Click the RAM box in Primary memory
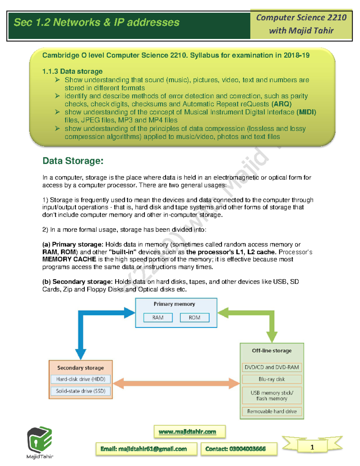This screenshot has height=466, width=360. tap(158, 317)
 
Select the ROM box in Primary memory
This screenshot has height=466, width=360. tap(194, 317)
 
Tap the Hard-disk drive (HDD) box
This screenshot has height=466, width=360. tap(80, 379)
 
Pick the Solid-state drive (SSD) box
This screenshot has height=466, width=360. tap(80, 391)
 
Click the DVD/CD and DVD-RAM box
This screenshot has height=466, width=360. tap(271, 367)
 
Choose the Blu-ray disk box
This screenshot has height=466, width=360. tap(271, 379)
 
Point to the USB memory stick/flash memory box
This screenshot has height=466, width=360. tap(271, 395)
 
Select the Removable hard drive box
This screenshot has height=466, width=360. tap(271, 411)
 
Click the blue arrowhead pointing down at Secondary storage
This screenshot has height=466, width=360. tap(81, 353)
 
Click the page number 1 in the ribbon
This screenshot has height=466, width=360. tap(312, 447)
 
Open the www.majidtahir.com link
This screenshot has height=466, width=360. tap(187, 432)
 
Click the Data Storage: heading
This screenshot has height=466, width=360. tap(73, 161)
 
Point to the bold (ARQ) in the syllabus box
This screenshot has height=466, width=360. tap(281, 104)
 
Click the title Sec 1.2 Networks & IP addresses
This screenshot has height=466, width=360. tap(97, 23)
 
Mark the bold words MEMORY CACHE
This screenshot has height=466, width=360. tap(69, 259)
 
